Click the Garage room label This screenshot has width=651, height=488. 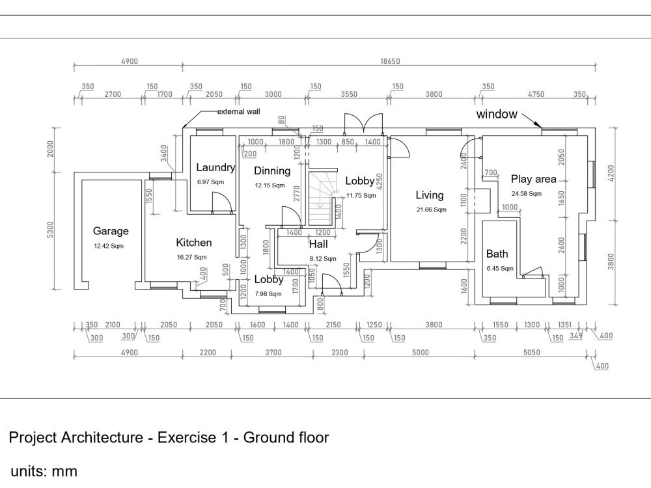click(111, 231)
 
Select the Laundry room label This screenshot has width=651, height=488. click(215, 168)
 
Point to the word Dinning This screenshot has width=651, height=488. click(272, 171)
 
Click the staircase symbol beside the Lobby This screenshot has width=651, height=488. click(320, 198)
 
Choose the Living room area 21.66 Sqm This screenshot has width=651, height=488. click(432, 210)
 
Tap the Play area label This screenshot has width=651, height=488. click(534, 179)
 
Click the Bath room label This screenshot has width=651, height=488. click(497, 254)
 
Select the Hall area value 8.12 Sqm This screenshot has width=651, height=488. click(323, 258)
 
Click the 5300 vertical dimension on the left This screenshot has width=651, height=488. click(51, 230)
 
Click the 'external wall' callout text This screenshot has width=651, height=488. click(238, 112)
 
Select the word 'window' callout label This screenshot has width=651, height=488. click(497, 115)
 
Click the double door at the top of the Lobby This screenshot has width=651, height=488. click(362, 124)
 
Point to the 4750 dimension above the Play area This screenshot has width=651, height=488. click(535, 94)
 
